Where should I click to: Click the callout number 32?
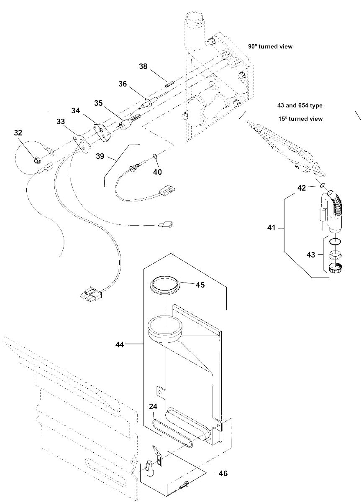[x=18, y=133]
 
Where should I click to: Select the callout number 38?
[x=143, y=66]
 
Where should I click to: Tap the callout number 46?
[x=223, y=473]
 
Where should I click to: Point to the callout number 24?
[x=153, y=407]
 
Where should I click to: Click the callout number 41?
[x=271, y=228]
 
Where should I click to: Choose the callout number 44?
[x=120, y=345]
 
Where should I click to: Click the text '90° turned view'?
[x=270, y=46]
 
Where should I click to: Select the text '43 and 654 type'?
[x=300, y=105]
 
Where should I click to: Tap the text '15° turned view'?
[x=300, y=119]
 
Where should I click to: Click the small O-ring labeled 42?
[x=322, y=185]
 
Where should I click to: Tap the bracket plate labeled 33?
[x=82, y=143]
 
